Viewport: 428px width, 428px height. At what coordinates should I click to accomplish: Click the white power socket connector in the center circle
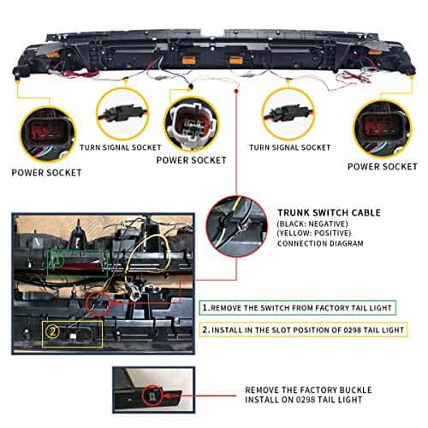192,123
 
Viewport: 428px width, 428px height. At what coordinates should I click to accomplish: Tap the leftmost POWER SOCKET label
46,173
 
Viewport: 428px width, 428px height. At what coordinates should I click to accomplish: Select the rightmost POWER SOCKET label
383,166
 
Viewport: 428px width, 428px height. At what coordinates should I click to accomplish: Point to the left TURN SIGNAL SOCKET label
121,147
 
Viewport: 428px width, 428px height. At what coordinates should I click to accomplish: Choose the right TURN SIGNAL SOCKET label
290,147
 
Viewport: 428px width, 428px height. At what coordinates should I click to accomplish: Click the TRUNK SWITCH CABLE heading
330,212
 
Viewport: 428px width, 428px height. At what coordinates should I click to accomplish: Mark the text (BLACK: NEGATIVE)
312,223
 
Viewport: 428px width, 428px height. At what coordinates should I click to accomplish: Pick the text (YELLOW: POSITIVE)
314,233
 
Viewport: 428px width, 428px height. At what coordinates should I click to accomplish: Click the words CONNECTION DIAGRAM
320,243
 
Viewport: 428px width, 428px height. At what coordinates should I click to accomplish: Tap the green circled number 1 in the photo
58,260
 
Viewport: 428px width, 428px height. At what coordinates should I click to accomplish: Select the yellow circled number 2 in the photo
52,332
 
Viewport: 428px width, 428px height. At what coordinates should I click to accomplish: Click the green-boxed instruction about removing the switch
298,308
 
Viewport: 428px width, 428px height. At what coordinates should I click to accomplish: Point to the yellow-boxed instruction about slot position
303,330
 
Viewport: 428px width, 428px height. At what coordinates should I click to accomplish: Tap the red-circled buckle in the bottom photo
152,395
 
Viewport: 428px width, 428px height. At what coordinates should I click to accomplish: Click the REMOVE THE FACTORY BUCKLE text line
308,390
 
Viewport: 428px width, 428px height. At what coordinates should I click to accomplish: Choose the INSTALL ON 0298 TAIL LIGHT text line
304,400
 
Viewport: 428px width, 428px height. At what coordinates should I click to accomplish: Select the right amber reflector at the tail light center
236,60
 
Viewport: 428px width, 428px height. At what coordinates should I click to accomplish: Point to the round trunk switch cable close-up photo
236,226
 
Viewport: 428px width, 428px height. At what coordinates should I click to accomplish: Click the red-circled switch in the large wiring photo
98,304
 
